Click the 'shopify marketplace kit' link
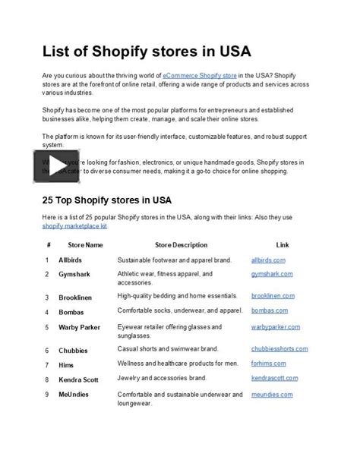click(x=74, y=226)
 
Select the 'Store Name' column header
click(x=84, y=245)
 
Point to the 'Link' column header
click(x=282, y=245)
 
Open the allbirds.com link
click(x=268, y=260)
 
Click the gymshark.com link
click(x=271, y=274)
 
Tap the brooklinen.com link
click(x=273, y=298)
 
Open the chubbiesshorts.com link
click(x=279, y=349)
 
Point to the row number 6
click(x=47, y=351)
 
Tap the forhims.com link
click(x=270, y=364)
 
